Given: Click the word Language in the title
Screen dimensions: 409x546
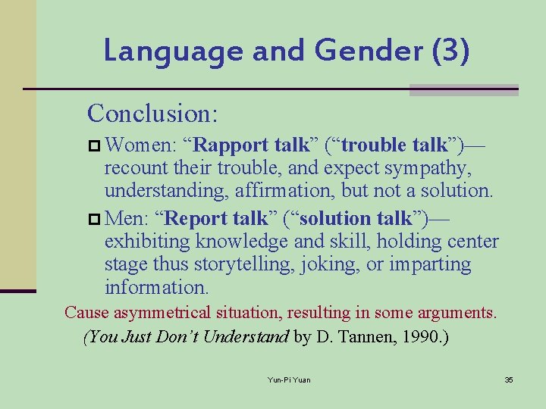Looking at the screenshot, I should [x=173, y=52].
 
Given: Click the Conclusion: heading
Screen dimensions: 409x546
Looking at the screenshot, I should [x=153, y=114].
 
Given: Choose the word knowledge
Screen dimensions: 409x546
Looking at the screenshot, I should [x=242, y=242].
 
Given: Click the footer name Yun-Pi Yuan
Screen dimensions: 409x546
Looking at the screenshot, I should [x=289, y=379].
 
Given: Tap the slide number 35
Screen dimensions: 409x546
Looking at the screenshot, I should [x=509, y=379].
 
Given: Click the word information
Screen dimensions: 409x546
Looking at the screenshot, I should [x=156, y=288].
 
